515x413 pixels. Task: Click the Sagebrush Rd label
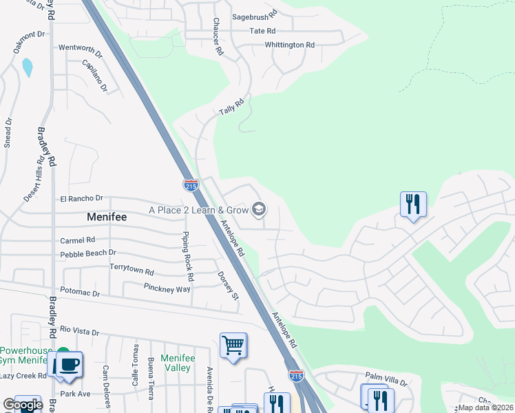pos(254,13)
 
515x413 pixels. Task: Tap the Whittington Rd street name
pos(290,45)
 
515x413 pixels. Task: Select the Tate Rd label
pos(262,31)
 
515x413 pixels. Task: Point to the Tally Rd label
pos(231,109)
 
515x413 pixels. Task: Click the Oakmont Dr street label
pos(29,43)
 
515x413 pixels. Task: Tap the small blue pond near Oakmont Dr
pos(27,67)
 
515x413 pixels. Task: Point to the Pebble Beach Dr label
pos(88,253)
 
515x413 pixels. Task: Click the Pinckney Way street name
pos(167,288)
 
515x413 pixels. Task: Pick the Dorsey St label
pos(228,287)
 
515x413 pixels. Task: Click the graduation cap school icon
pos(259,209)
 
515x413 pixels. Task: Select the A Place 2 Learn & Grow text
pos(199,210)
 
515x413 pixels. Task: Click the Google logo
pos(22,405)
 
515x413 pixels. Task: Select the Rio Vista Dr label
pos(81,331)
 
